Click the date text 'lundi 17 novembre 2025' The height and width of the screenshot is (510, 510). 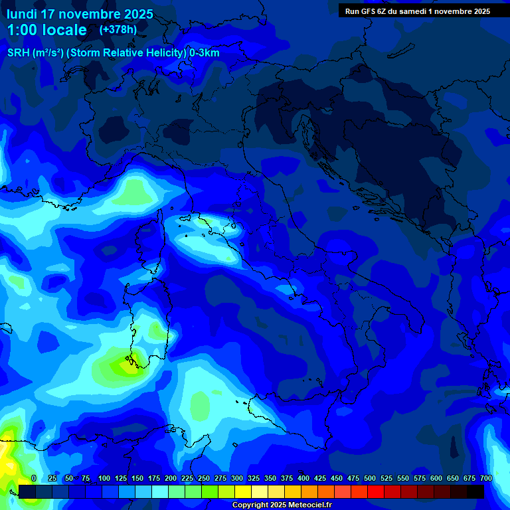click(x=80, y=14)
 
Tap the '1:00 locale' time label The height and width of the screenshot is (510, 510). click(x=46, y=30)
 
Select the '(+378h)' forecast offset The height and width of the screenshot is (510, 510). click(x=118, y=30)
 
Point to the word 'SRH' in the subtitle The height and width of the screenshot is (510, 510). click(x=18, y=53)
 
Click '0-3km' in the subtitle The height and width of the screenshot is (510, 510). click(x=205, y=53)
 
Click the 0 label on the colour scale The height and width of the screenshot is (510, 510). click(x=34, y=478)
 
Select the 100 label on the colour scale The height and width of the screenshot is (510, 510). click(x=104, y=478)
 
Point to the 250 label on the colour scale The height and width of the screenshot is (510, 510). click(x=204, y=478)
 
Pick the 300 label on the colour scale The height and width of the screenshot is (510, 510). click(x=237, y=478)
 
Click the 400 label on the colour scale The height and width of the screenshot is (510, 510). click(x=303, y=478)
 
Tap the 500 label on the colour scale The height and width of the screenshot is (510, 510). click(x=370, y=478)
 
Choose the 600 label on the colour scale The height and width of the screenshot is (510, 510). click(x=436, y=478)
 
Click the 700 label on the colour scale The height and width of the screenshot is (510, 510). click(x=485, y=478)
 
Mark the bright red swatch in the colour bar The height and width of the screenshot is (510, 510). click(x=376, y=491)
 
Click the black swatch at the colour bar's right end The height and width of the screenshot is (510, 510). click(x=475, y=491)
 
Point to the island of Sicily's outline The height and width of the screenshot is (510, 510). click(x=266, y=412)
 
